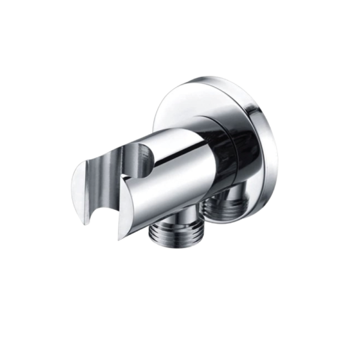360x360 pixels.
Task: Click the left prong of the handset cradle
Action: coord(84,192)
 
